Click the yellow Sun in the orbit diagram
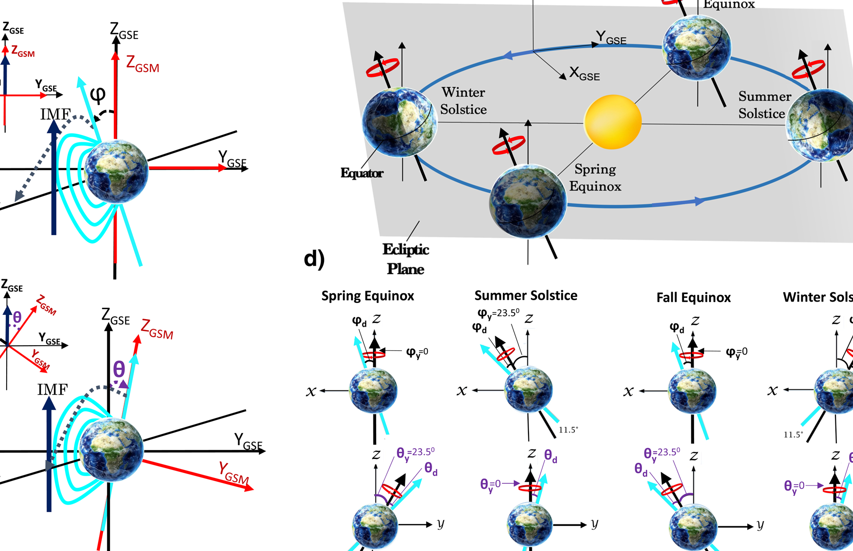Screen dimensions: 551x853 612,122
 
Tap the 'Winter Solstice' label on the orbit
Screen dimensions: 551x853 464,101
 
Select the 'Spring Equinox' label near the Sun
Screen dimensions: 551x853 595,177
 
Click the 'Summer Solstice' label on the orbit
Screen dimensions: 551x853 764,105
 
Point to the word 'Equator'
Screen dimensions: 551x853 362,173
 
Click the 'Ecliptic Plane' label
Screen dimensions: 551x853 406,259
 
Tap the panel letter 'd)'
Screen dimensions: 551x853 314,259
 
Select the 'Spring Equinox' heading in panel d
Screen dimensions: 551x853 368,296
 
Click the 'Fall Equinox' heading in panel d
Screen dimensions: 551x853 693,297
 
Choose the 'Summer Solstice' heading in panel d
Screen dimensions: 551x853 526,295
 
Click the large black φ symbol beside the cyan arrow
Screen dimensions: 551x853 98,94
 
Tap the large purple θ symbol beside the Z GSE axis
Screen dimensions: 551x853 119,368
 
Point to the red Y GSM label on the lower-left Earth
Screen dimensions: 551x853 233,473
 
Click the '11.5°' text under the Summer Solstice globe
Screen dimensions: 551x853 568,430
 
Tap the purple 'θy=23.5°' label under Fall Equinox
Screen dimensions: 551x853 662,453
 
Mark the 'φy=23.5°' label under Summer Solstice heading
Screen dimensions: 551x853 498,313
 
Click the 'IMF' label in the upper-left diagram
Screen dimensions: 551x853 56,114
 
